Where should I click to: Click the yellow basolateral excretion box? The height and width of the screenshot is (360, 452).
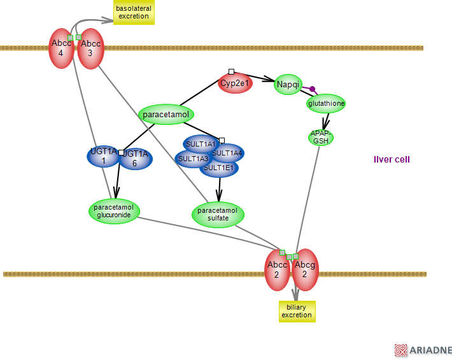pyautogui.click(x=134, y=12)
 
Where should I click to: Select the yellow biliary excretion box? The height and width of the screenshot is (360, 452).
pyautogui.click(x=297, y=311)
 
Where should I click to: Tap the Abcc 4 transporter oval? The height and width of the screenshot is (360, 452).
pyautogui.click(x=61, y=48)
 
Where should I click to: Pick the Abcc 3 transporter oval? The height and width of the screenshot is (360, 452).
pyautogui.click(x=91, y=48)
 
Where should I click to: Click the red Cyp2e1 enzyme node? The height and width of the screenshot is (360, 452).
pyautogui.click(x=235, y=83)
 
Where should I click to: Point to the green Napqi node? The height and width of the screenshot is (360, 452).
pyautogui.click(x=288, y=84)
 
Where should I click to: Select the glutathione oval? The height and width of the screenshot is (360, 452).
pyautogui.click(x=326, y=103)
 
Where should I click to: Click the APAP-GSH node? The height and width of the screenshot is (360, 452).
pyautogui.click(x=321, y=137)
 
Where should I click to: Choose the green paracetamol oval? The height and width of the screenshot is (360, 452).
pyautogui.click(x=166, y=115)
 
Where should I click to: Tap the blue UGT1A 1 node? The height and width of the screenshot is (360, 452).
pyautogui.click(x=102, y=156)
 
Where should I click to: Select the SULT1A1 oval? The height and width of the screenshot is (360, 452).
pyautogui.click(x=200, y=144)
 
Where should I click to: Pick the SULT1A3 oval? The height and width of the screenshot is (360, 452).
pyautogui.click(x=192, y=159)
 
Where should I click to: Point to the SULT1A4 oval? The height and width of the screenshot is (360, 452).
pyautogui.click(x=228, y=153)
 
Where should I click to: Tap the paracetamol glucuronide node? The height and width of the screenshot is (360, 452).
pyautogui.click(x=114, y=211)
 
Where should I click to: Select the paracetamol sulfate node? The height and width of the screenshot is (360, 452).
pyautogui.click(x=218, y=214)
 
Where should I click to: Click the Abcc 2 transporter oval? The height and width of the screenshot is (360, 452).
pyautogui.click(x=277, y=270)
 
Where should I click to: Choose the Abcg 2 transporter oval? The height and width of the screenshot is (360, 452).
pyautogui.click(x=305, y=270)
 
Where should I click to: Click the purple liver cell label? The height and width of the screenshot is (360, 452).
pyautogui.click(x=392, y=159)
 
